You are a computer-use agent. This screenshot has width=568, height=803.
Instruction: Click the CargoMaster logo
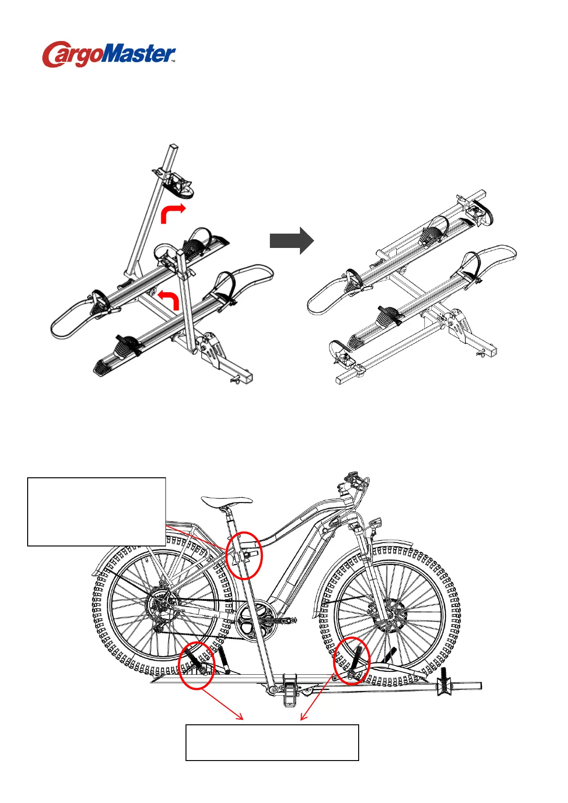click(x=109, y=54)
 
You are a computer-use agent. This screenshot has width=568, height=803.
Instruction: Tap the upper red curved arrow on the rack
click(x=172, y=213)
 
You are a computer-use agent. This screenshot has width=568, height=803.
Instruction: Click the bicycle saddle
click(x=226, y=502)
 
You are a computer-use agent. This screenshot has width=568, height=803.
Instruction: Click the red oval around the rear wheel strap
click(x=196, y=665)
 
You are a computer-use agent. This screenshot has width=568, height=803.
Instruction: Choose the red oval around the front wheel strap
click(x=351, y=660)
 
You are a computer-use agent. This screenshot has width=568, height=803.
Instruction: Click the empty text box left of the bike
click(x=96, y=511)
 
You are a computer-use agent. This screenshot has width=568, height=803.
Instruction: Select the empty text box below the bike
click(x=272, y=742)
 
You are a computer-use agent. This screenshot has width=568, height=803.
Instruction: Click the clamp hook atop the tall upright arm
click(x=177, y=184)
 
